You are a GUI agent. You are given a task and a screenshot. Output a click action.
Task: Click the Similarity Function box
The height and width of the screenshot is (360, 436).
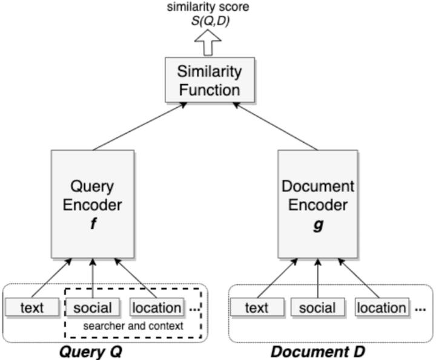[210, 80]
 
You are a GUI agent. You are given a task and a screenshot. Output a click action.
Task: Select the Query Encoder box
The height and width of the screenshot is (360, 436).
[93, 204]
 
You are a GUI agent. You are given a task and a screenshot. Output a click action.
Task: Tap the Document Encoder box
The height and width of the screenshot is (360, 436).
[317, 204]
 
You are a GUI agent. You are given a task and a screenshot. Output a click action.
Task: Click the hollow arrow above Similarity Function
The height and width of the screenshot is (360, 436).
[208, 42]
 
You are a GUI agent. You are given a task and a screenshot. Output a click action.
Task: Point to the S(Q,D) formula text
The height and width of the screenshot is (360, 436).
[210, 21]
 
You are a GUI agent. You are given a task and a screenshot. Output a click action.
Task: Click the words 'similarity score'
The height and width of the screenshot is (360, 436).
[208, 7]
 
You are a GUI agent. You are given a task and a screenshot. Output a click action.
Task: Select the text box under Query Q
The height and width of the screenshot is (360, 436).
[32, 307]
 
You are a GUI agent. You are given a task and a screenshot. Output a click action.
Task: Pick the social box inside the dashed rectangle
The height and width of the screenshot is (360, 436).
[93, 307]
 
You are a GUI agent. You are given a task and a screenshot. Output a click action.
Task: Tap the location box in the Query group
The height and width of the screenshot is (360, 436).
[157, 307]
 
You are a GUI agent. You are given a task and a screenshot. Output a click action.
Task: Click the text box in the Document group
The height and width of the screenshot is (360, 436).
[257, 307]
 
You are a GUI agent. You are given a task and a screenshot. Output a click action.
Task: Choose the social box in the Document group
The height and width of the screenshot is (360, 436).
[317, 307]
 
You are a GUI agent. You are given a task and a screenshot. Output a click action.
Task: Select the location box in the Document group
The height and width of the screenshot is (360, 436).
[381, 307]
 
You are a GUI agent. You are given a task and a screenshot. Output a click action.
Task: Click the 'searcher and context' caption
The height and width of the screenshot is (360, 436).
[133, 326]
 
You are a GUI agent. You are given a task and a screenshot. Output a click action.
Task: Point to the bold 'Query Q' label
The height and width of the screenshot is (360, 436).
[91, 352]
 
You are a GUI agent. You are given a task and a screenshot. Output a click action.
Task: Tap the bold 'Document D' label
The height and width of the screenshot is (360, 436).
[318, 352]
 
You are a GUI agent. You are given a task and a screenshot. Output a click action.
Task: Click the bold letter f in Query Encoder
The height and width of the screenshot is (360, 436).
[93, 223]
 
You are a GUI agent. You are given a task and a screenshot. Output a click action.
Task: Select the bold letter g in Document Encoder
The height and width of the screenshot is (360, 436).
[318, 224]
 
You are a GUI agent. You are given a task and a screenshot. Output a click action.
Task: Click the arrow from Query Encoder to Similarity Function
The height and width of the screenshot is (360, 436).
[140, 126]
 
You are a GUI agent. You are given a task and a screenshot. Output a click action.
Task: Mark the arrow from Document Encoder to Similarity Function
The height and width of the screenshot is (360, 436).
[275, 126]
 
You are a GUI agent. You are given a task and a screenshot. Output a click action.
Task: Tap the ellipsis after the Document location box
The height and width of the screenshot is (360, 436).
[420, 309]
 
